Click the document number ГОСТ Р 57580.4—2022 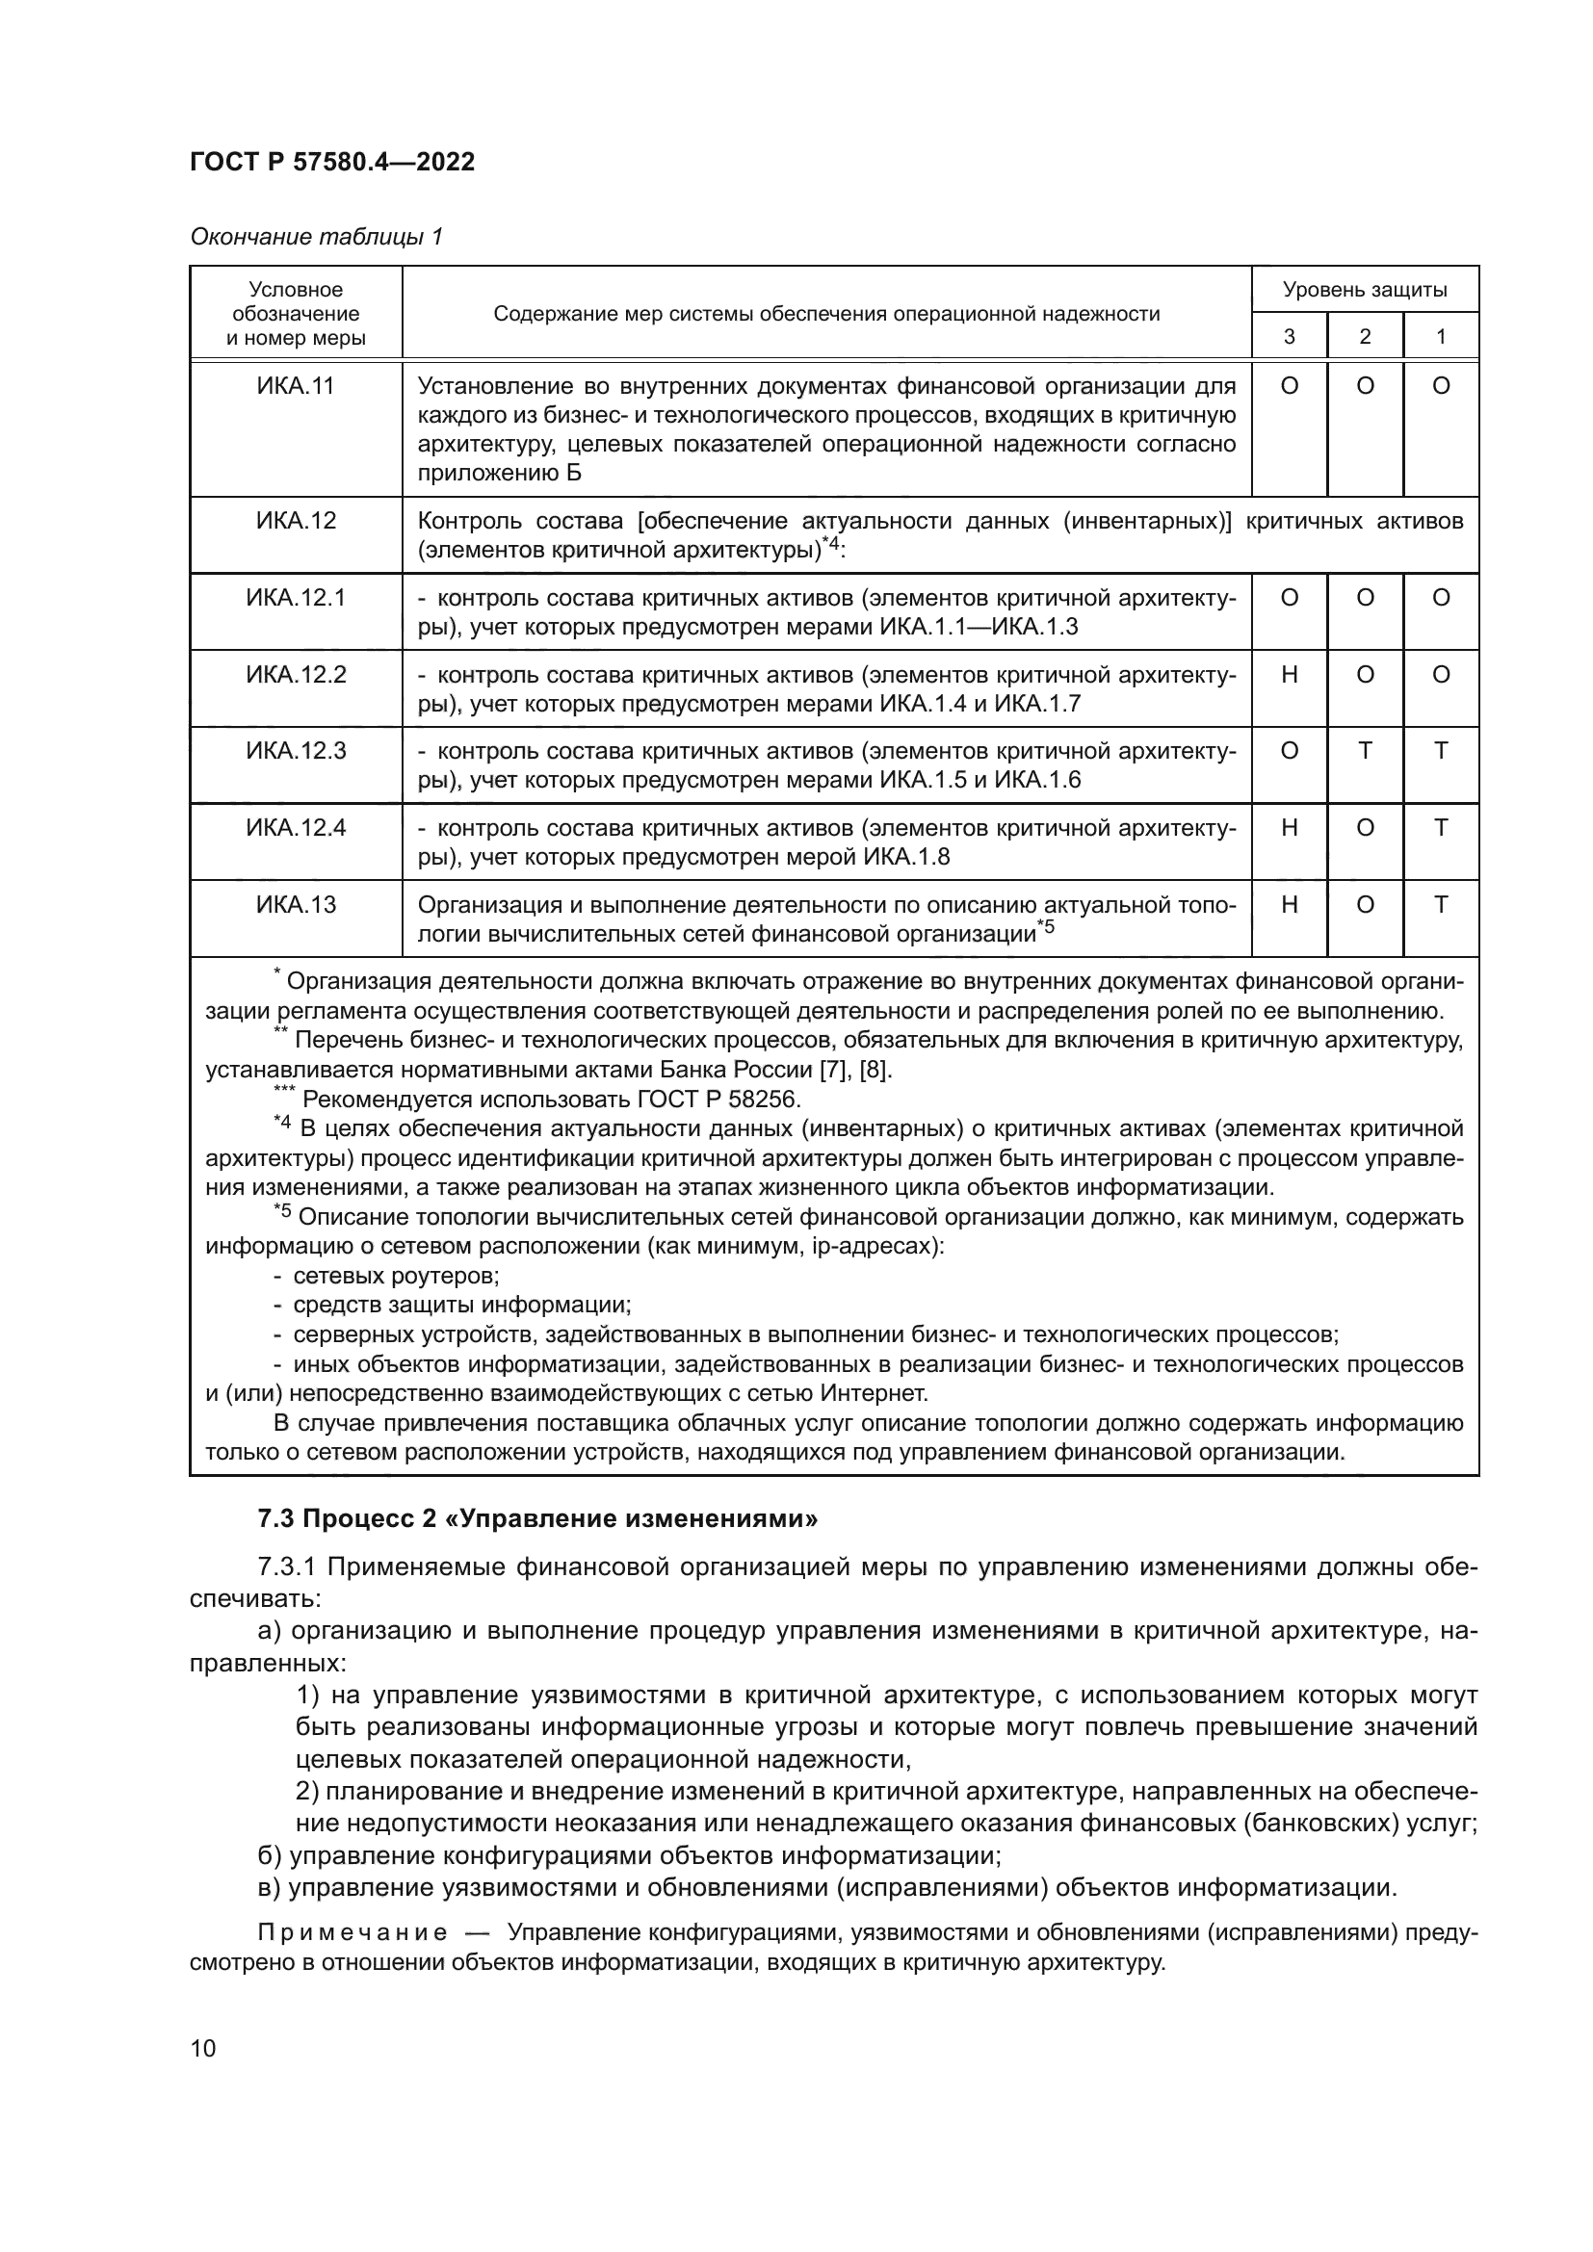331,162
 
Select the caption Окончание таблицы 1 316,237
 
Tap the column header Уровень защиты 1365,290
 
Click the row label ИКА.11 296,386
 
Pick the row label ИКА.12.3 296,751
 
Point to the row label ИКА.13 296,904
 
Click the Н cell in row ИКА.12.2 1289,675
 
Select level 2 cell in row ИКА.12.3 1365,751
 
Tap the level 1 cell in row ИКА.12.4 1440,828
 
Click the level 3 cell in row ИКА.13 1289,904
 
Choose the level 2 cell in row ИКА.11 1365,386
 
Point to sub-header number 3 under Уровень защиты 1289,336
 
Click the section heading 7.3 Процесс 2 537,1519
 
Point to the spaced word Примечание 353,1932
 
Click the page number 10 203,2048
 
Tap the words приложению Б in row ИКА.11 499,473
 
